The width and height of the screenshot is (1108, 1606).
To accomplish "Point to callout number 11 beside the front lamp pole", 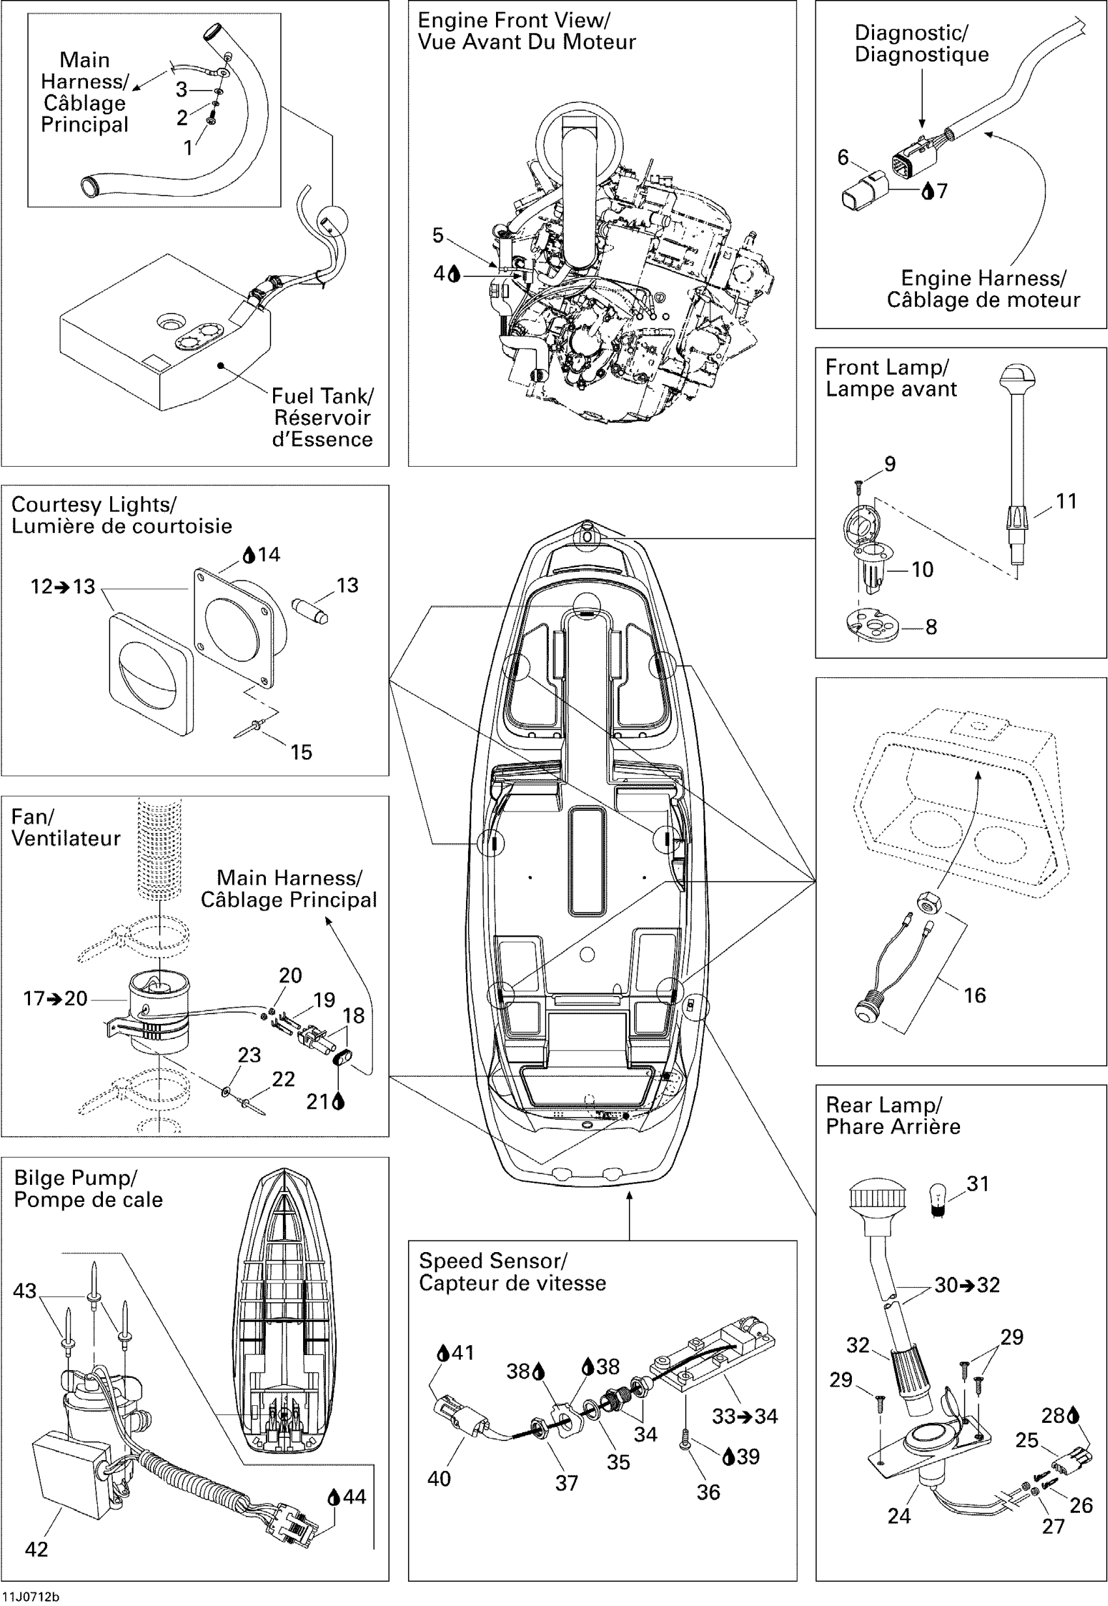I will pyautogui.click(x=1066, y=501).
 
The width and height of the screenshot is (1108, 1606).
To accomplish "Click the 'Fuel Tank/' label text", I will pyautogui.click(x=322, y=396).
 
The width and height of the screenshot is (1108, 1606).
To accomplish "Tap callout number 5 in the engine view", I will pyautogui.click(x=437, y=235).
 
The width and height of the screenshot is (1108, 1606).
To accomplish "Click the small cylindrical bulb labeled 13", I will pyautogui.click(x=308, y=611).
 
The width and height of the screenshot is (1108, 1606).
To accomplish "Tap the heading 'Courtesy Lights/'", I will pyautogui.click(x=94, y=504).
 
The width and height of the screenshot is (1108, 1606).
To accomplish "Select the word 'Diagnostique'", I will pyautogui.click(x=921, y=54).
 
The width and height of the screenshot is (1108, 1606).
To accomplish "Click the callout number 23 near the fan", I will pyautogui.click(x=249, y=1055).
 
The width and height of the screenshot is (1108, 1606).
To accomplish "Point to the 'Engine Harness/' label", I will pyautogui.click(x=983, y=278).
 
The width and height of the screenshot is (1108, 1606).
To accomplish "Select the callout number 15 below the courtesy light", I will pyautogui.click(x=301, y=752).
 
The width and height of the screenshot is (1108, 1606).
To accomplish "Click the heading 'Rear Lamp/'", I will pyautogui.click(x=883, y=1105).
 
